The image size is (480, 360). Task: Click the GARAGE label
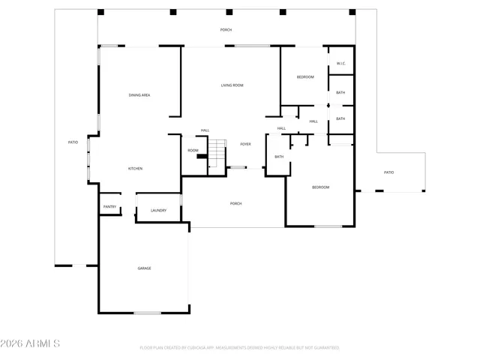click(x=144, y=268)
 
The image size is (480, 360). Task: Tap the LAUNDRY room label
click(x=158, y=210)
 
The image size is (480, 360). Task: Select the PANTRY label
click(x=109, y=207)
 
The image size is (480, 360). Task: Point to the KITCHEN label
click(x=135, y=169)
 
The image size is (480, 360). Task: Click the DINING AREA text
click(x=139, y=95)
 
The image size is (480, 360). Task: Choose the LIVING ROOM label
click(x=232, y=85)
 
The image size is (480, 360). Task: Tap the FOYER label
click(x=245, y=144)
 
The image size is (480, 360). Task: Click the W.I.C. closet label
click(x=340, y=63)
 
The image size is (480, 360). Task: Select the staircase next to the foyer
click(x=217, y=154)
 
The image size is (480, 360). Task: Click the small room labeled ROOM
click(x=193, y=151)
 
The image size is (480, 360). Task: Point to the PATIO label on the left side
click(x=73, y=142)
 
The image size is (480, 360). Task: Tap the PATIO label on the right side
click(x=388, y=172)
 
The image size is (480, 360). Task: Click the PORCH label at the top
click(x=226, y=29)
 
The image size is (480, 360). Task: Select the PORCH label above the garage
click(x=235, y=203)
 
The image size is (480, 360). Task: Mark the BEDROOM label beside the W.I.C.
click(x=304, y=77)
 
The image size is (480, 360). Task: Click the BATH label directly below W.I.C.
click(x=340, y=93)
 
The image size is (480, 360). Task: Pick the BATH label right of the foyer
click(x=278, y=157)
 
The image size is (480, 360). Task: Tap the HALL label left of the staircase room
click(x=205, y=130)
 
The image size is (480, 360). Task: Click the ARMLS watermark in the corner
click(x=31, y=343)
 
